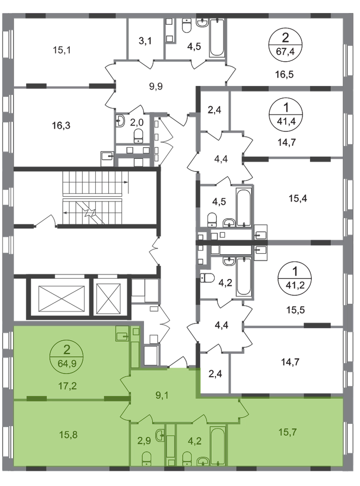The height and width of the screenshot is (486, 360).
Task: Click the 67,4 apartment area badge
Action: [285, 45]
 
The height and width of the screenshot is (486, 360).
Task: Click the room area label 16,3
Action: [61, 126]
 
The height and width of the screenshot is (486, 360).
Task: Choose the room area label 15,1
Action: [61, 50]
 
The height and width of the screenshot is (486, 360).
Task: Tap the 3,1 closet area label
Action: [145, 41]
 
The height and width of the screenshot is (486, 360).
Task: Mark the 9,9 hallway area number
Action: [156, 86]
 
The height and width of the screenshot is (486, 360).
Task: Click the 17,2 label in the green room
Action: [67, 386]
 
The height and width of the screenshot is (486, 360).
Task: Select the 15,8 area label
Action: [68, 435]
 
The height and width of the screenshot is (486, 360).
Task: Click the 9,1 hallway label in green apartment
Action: [162, 395]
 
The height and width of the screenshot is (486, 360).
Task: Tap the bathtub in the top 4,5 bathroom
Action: [217, 38]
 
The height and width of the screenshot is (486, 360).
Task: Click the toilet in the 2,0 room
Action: [138, 136]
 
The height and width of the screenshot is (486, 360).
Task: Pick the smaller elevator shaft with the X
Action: [108, 299]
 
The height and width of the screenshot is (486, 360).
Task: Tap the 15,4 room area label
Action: [298, 198]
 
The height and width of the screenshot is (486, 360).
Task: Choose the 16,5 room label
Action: [284, 74]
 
